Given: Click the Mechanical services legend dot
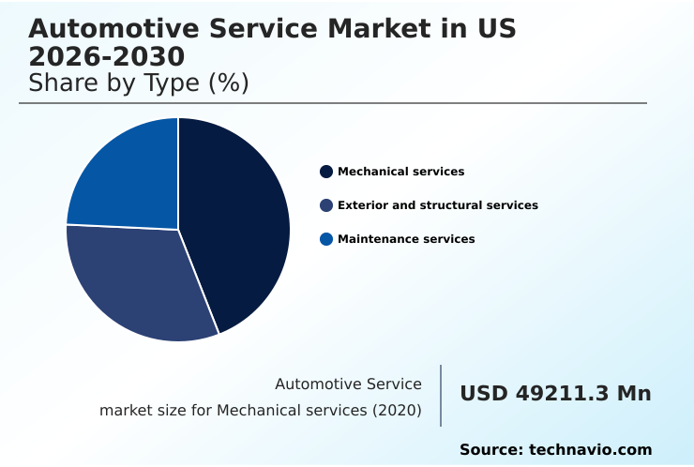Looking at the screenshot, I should click(x=326, y=172).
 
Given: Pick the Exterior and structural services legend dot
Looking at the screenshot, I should click(x=326, y=205).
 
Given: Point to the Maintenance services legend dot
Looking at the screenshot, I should click(x=326, y=239).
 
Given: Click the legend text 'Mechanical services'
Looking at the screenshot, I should click(x=400, y=172).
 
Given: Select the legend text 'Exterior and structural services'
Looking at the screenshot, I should click(x=437, y=205).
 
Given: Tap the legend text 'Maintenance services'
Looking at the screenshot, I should click(x=406, y=239).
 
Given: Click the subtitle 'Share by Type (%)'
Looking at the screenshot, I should click(x=139, y=83).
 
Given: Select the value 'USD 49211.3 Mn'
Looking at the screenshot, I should click(x=555, y=394).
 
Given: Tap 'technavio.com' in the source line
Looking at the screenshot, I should click(x=590, y=450).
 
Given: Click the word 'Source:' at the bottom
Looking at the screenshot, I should click(x=490, y=450).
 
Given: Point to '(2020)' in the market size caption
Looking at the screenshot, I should click(x=396, y=411).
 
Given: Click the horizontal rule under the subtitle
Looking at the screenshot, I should click(x=333, y=103).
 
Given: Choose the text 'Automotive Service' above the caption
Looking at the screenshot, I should click(x=348, y=384).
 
